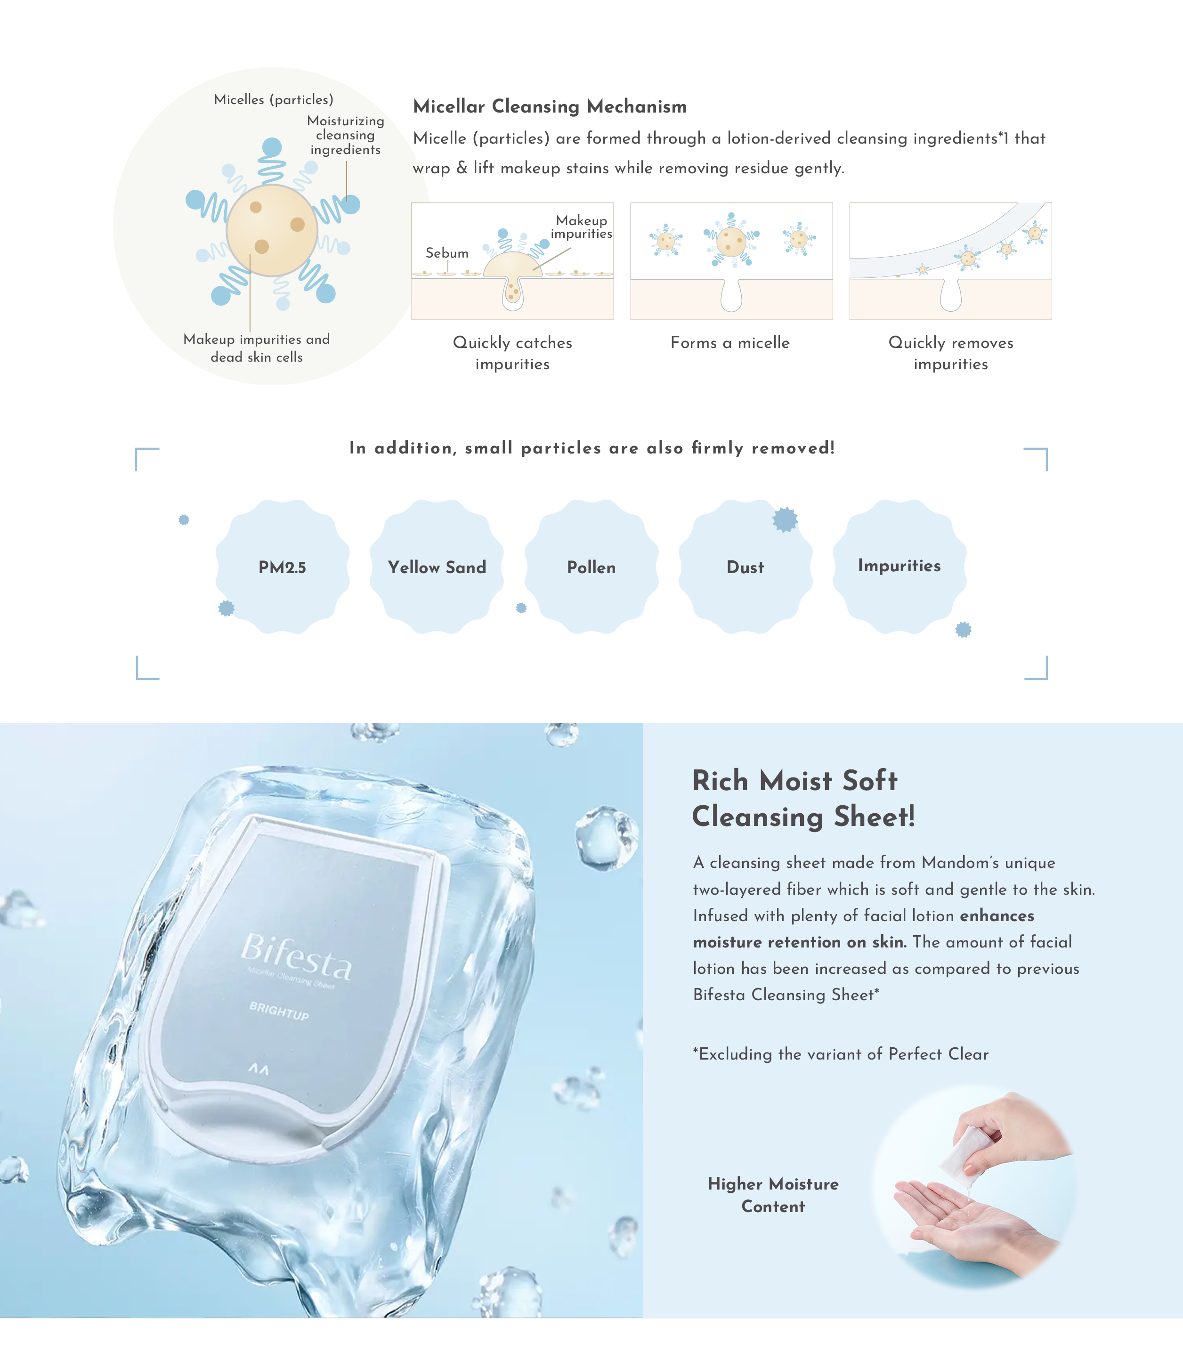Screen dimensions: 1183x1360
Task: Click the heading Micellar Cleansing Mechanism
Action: (x=550, y=106)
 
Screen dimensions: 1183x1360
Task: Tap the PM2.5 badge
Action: (x=283, y=567)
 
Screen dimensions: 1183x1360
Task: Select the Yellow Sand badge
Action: (x=437, y=567)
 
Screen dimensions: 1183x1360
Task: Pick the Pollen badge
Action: (x=591, y=567)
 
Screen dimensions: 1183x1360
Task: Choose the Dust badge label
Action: (x=745, y=567)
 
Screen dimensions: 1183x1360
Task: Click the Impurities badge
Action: (x=900, y=567)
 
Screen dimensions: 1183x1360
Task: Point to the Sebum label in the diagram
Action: (x=447, y=253)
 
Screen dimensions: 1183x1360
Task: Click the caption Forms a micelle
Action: (x=730, y=343)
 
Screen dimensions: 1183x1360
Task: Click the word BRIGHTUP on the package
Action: (x=279, y=1010)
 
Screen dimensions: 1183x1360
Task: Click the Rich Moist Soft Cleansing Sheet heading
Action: (x=803, y=798)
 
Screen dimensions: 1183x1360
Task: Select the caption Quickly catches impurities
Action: (x=512, y=353)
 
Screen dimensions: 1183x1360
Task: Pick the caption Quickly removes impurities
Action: (x=951, y=353)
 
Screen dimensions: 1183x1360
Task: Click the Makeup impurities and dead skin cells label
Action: (x=257, y=348)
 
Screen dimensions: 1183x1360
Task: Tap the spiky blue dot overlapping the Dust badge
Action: (x=786, y=519)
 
